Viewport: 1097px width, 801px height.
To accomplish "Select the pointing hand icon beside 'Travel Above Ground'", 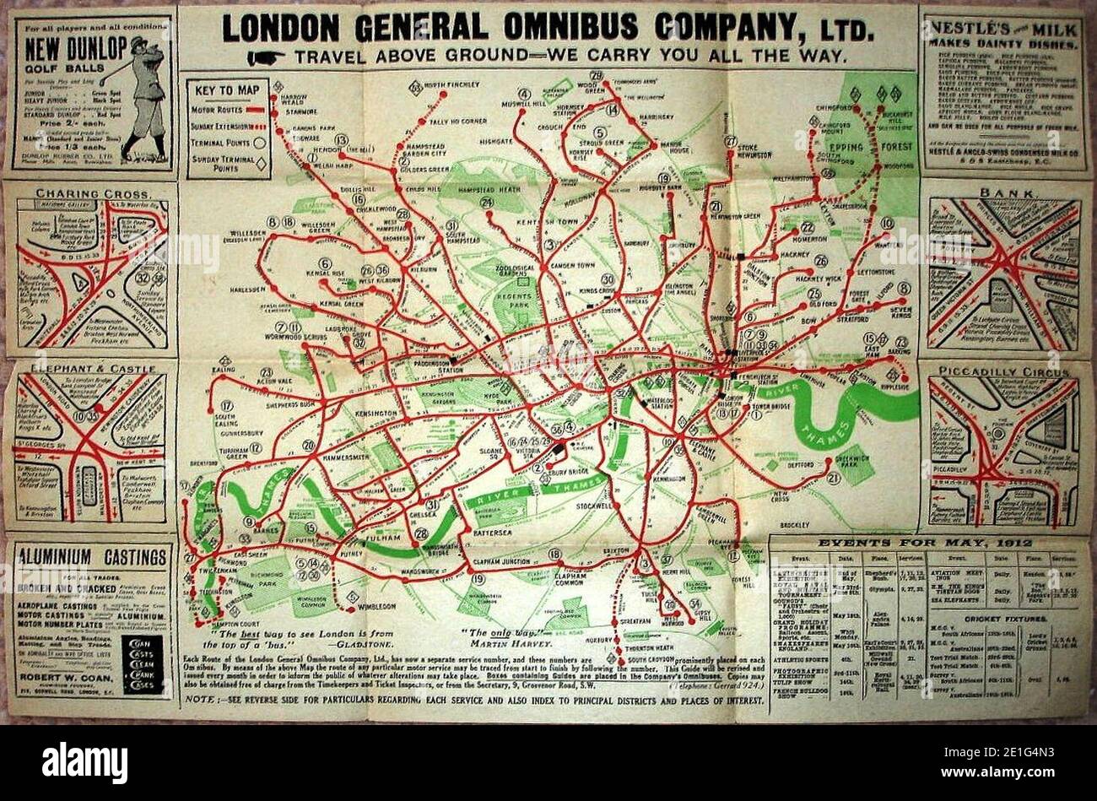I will [x=264, y=56].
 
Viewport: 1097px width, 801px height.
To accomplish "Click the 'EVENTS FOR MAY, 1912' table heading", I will [x=927, y=544].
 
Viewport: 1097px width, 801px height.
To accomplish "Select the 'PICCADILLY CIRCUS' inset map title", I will [x=1000, y=372].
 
